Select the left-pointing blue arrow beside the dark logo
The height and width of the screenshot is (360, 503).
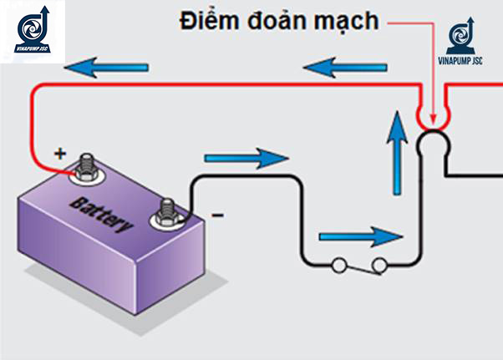[x=109, y=66]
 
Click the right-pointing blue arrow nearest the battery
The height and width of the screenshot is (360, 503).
[x=245, y=157]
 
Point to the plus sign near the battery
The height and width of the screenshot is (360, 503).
[x=59, y=154]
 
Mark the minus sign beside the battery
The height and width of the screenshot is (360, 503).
[x=217, y=215]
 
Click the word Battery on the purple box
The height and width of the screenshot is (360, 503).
[x=102, y=215]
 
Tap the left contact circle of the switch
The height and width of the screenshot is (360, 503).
[x=339, y=266]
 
